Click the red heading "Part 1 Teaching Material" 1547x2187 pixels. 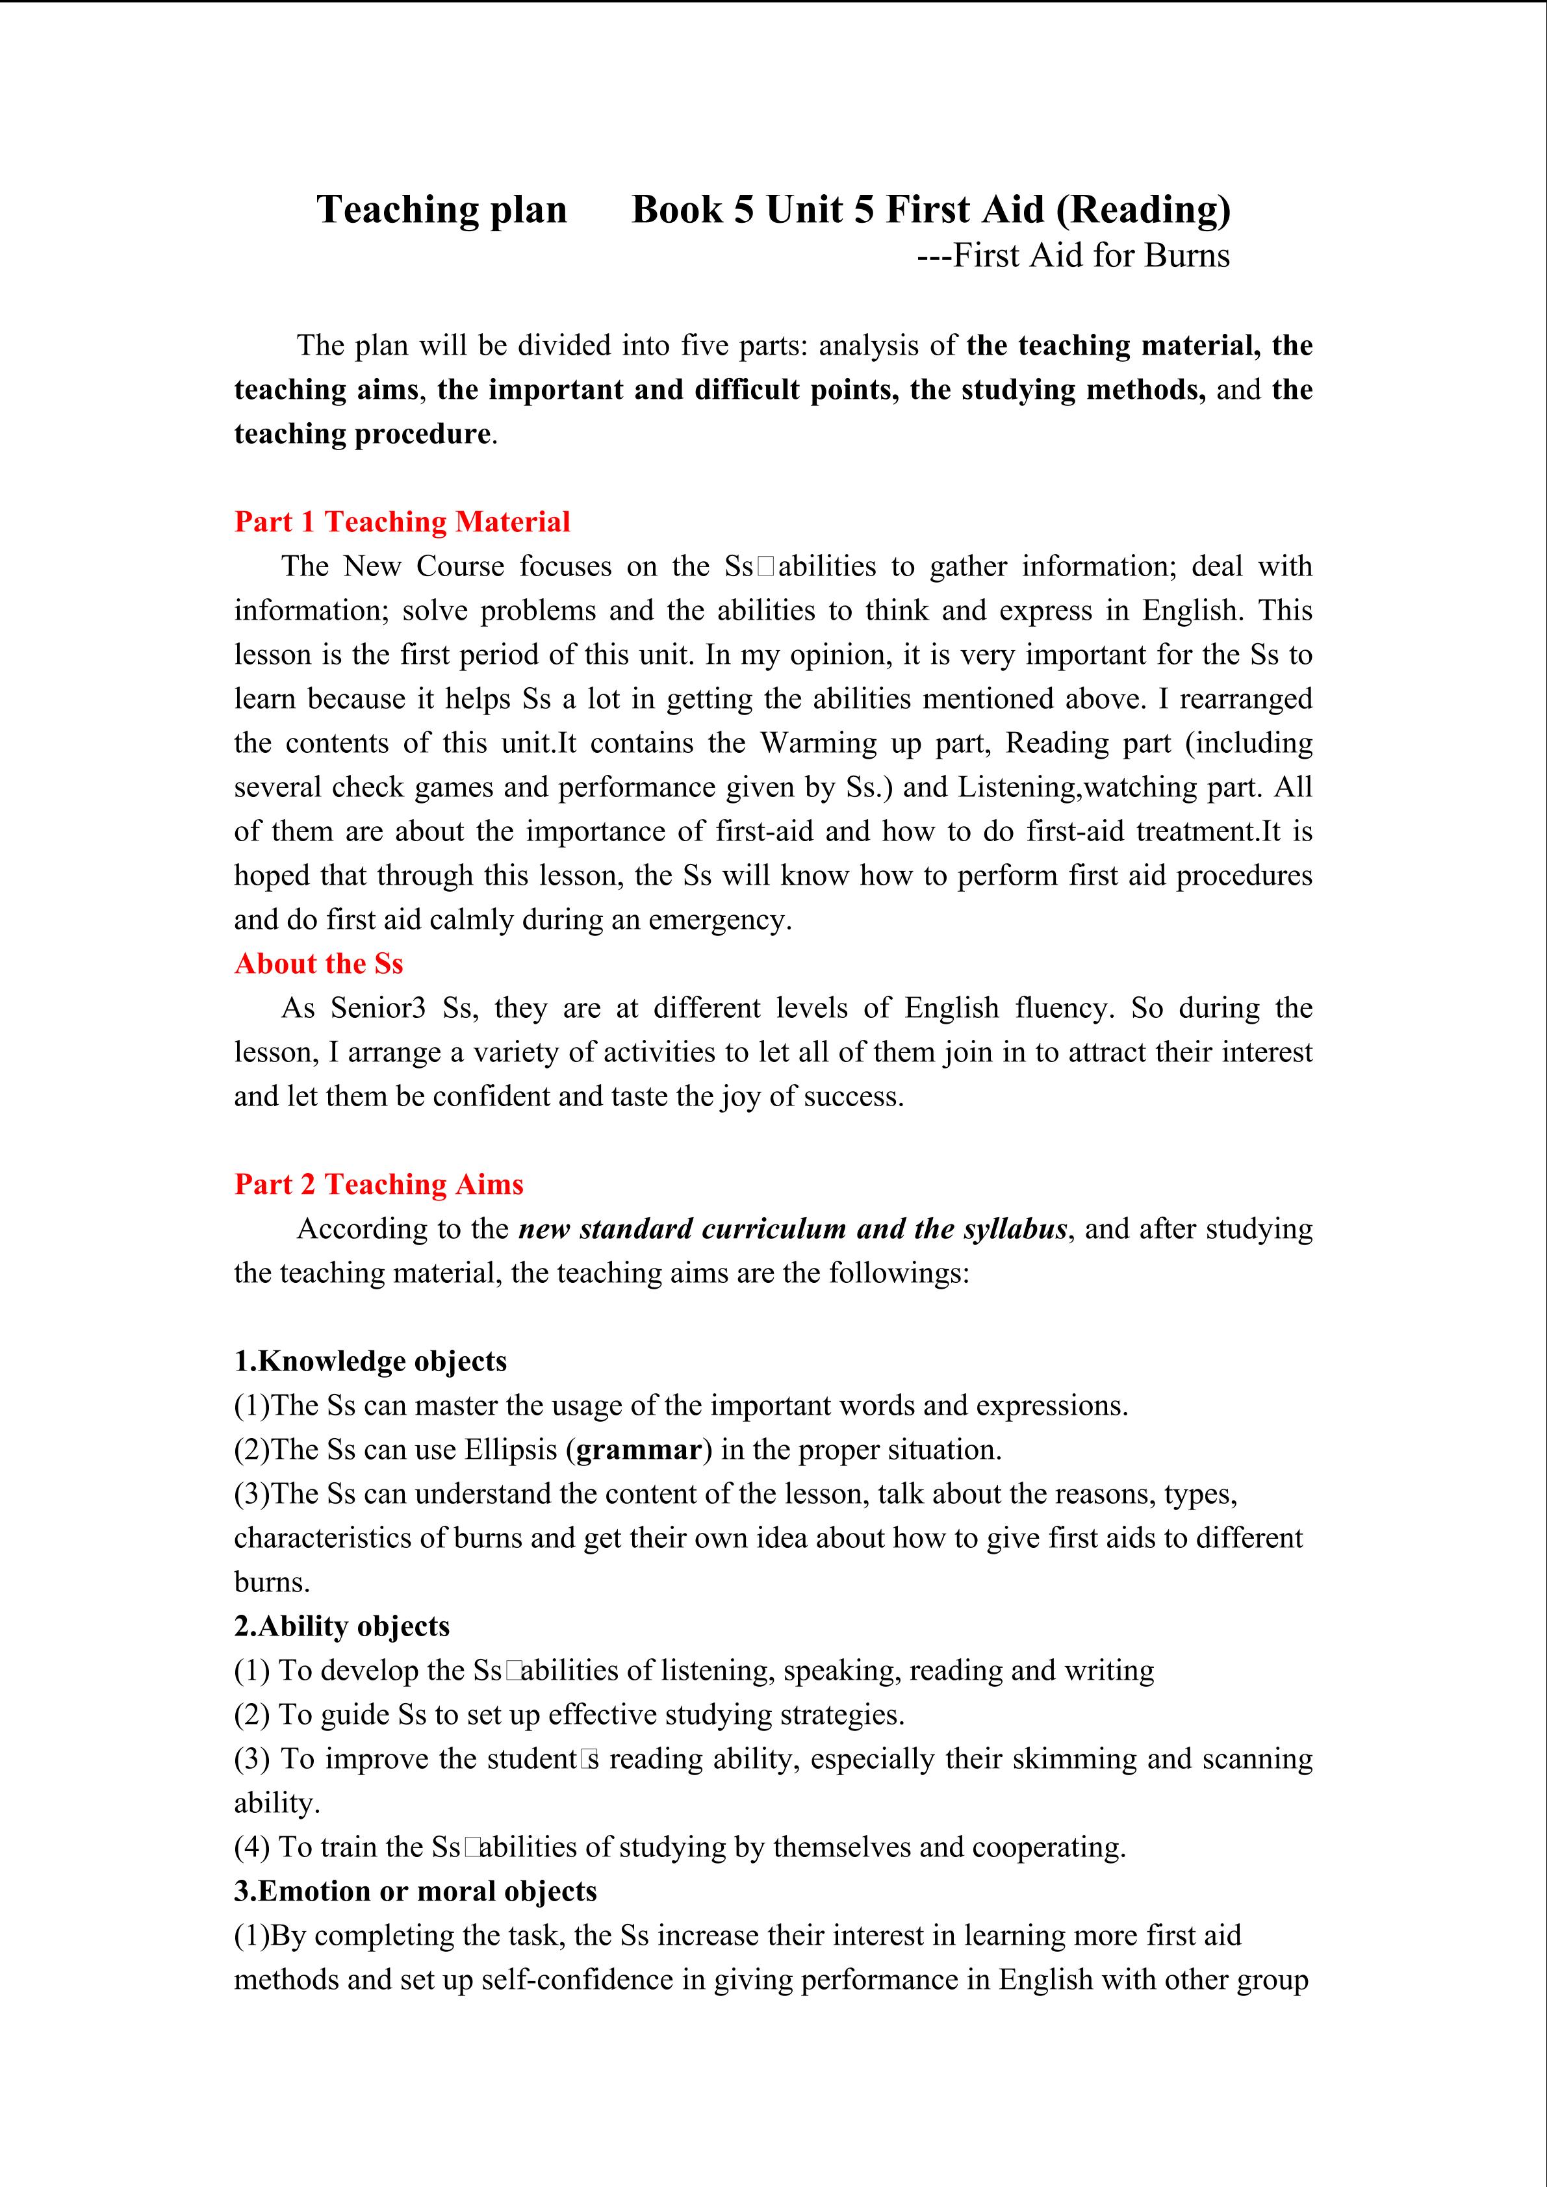402,522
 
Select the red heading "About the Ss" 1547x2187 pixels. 318,964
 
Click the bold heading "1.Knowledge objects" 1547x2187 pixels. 370,1361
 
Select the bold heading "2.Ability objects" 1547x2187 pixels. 341,1626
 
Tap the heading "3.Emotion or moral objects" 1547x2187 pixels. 415,1891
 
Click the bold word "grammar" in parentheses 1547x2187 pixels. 639,1450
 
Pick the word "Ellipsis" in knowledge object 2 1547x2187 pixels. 511,1450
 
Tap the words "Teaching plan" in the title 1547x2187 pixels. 441,210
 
